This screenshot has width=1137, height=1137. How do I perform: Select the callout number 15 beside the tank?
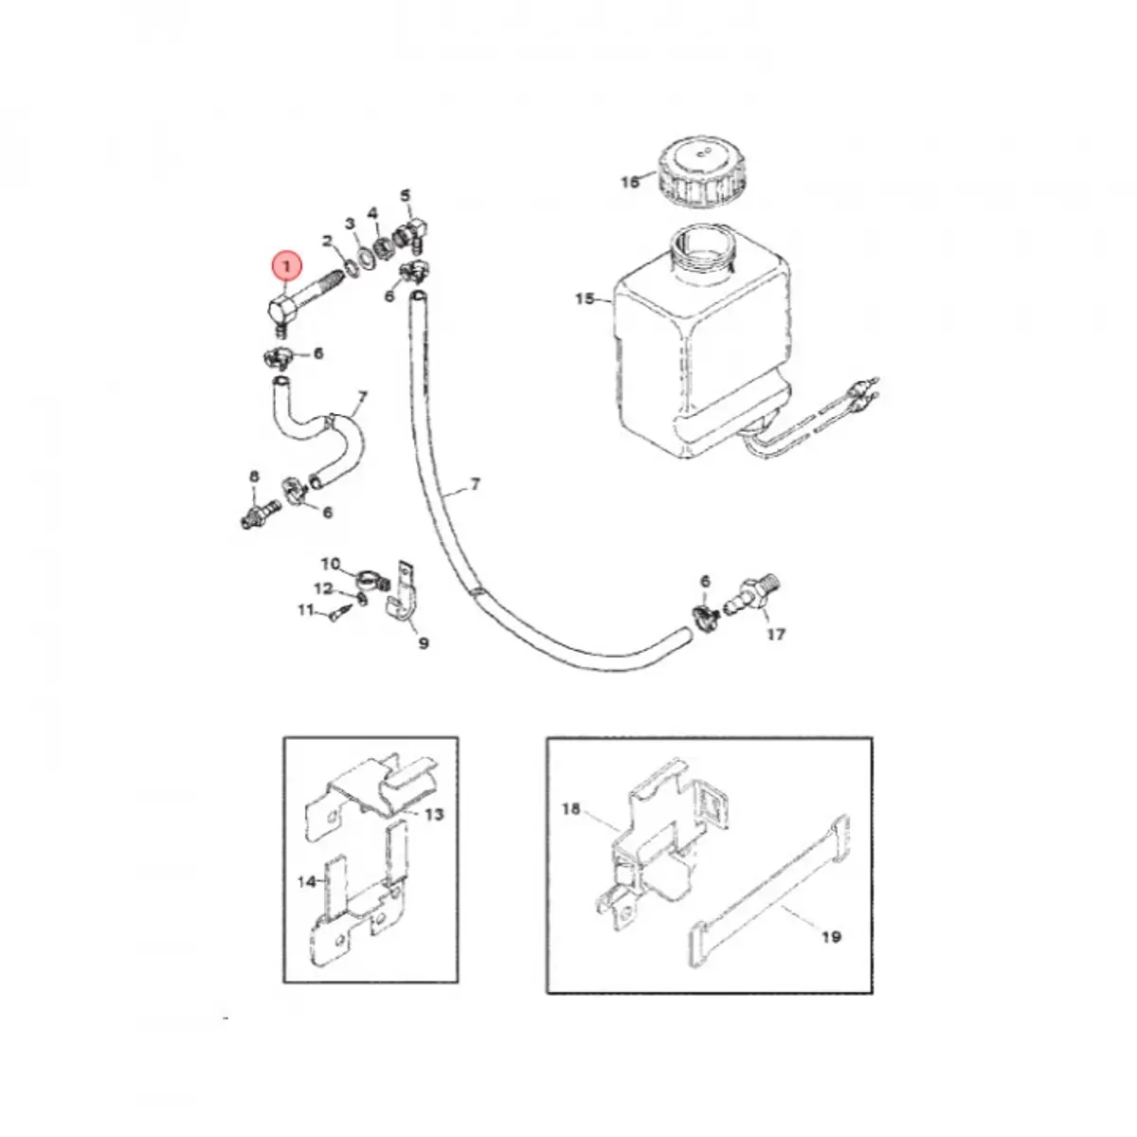click(585, 299)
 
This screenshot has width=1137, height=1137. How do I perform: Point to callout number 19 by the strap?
click(831, 937)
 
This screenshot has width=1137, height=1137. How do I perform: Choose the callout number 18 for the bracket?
click(570, 809)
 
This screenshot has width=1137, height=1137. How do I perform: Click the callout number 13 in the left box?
click(434, 814)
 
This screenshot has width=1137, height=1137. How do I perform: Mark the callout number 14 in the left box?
click(306, 881)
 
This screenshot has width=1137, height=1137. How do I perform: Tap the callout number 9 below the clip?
click(424, 643)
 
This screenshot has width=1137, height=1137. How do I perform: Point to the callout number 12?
click(323, 588)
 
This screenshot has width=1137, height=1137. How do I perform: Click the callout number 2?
click(327, 241)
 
